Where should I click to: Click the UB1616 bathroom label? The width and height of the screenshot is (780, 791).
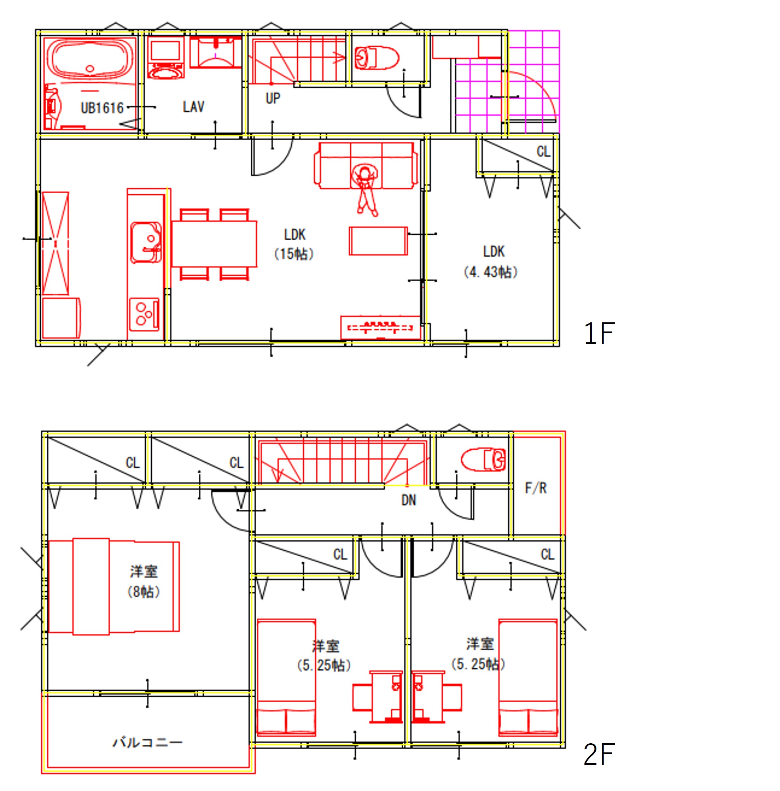(102, 108)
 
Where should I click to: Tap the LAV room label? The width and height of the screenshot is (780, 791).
(193, 107)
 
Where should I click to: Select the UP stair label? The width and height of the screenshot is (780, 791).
(273, 98)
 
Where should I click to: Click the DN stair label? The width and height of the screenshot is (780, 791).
(409, 500)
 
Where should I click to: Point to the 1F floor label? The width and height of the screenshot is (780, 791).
(599, 333)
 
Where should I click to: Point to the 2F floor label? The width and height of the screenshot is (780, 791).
(599, 754)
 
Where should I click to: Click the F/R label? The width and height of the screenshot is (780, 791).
(536, 488)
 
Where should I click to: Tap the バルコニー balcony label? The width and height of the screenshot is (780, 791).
(147, 742)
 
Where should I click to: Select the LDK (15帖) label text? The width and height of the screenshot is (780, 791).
(294, 244)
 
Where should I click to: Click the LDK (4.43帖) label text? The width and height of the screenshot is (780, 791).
(491, 262)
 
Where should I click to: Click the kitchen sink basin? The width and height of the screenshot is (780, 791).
(146, 242)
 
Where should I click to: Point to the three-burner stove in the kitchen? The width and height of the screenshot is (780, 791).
(144, 314)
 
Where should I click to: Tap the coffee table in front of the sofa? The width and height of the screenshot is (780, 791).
(378, 241)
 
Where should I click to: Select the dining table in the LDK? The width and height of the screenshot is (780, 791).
(214, 244)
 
